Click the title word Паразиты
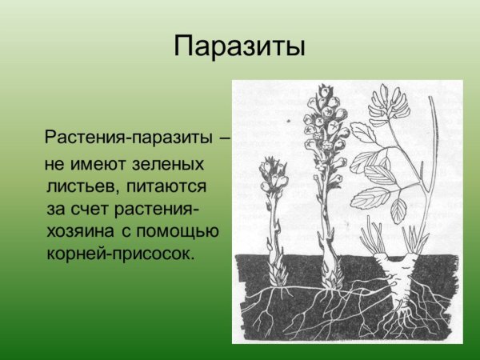pyautogui.click(x=239, y=46)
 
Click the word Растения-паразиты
pyautogui.click(x=129, y=137)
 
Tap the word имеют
pyautogui.click(x=94, y=166)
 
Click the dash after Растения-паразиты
pyautogui.click(x=225, y=138)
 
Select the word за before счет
pyautogui.click(x=56, y=210)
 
